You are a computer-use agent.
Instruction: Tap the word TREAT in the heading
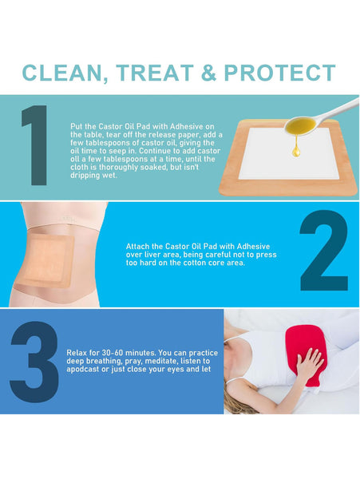[x=155, y=73]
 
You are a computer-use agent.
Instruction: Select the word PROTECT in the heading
[x=279, y=73]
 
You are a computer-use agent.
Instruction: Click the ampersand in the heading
[x=209, y=73]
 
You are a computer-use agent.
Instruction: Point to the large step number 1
[x=35, y=145]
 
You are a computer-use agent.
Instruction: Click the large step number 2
[x=324, y=250]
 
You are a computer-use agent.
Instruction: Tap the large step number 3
[x=34, y=362]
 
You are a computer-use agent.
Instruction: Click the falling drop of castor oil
[x=295, y=151]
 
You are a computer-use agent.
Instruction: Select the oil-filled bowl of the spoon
[x=300, y=126]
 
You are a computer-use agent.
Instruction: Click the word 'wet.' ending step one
[x=109, y=176]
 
